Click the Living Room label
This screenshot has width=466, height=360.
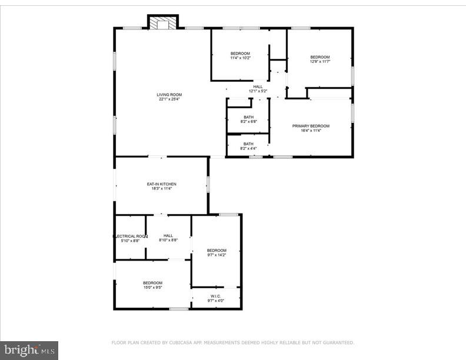[x=169, y=95]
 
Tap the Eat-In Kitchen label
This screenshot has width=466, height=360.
[x=161, y=184]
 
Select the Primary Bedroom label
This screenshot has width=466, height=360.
[x=311, y=126]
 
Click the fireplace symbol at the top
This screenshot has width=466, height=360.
[x=162, y=23]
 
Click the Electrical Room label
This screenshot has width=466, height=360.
[x=129, y=236]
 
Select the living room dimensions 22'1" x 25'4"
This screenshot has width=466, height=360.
[x=169, y=99]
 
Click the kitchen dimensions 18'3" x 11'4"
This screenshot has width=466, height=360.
[x=161, y=189]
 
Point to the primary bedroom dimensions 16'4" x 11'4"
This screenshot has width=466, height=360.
[x=311, y=131]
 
